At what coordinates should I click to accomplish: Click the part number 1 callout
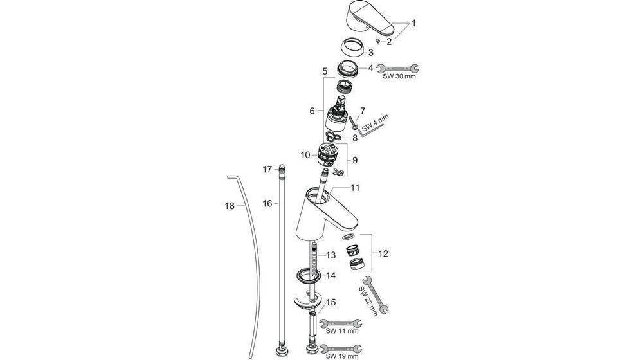pyautogui.click(x=414, y=24)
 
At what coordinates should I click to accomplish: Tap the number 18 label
pyautogui.click(x=229, y=206)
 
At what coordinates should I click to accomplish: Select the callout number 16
pyautogui.click(x=267, y=203)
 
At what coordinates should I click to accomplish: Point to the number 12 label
pyautogui.click(x=383, y=253)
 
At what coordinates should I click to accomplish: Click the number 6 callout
pyautogui.click(x=312, y=111)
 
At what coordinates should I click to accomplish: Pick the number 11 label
pyautogui.click(x=355, y=187)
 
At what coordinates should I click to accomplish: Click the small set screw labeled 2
pyautogui.click(x=380, y=42)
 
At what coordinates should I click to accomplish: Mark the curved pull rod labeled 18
pyautogui.click(x=253, y=257)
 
